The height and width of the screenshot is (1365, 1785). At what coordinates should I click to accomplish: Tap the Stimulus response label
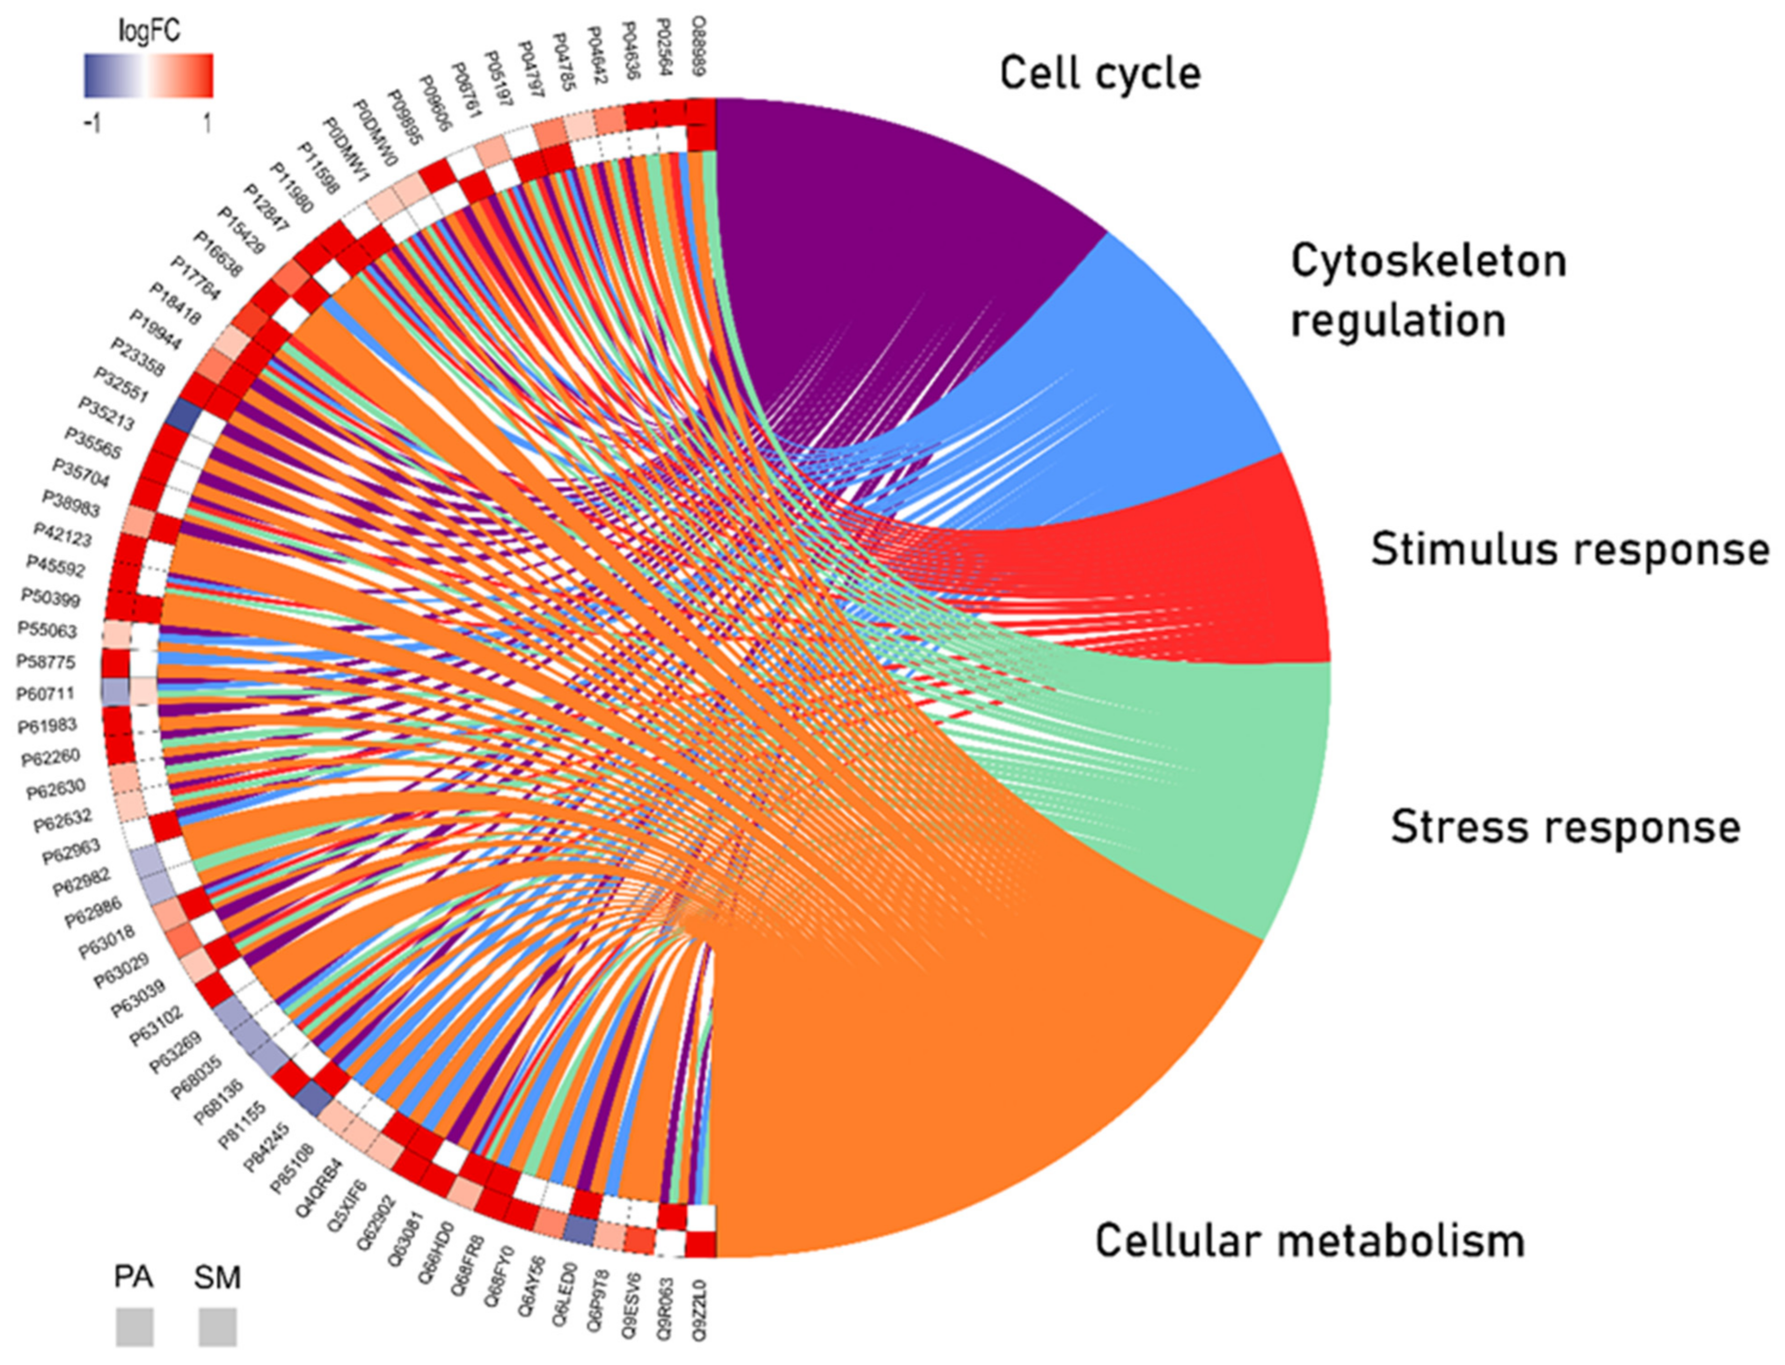click(1570, 549)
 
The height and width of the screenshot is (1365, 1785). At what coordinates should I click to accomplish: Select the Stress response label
click(1565, 827)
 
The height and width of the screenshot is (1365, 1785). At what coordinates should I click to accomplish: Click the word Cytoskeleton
click(1428, 261)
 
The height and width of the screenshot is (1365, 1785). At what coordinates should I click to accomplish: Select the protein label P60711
click(45, 693)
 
